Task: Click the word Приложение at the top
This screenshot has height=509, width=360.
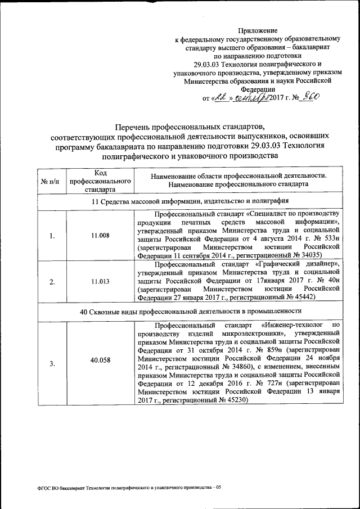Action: tap(258, 30)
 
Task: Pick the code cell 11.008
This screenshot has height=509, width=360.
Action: tap(100, 236)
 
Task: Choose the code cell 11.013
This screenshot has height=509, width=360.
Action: tap(100, 282)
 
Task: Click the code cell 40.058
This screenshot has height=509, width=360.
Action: tap(100, 363)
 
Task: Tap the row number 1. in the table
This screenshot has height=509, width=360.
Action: tap(51, 236)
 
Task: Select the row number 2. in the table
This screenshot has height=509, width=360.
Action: tap(51, 282)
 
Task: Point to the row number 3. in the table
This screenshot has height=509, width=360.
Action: tap(51, 363)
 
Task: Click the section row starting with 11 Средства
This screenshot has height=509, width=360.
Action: tap(190, 201)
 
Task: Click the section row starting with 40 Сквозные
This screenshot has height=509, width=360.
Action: tap(190, 311)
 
